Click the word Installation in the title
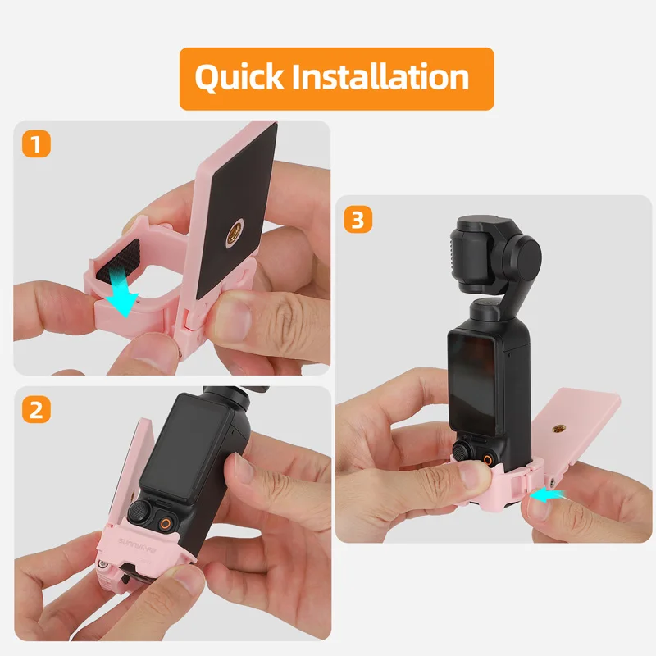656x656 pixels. pos(380,78)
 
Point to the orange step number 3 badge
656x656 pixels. pos(357,219)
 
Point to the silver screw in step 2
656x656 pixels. pos(102,565)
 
